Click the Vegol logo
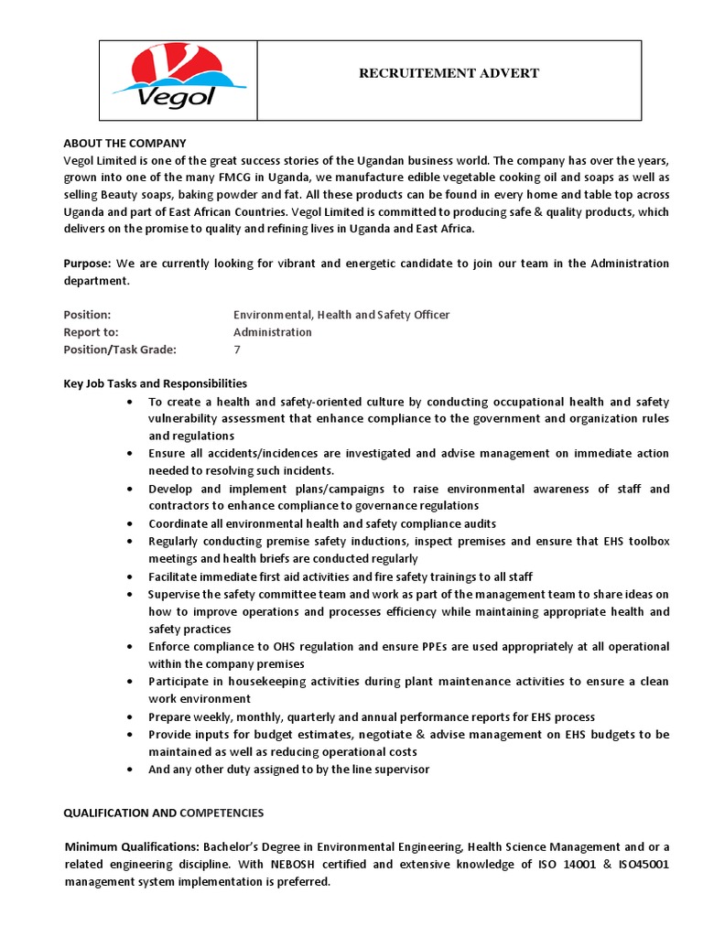tap(164, 79)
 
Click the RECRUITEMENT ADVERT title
tap(449, 73)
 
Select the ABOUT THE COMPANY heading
tap(124, 144)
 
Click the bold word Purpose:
tap(87, 264)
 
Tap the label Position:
tap(87, 315)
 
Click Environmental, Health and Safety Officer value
tap(341, 315)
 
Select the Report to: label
tap(91, 332)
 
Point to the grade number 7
tap(237, 350)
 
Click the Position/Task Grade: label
tap(120, 350)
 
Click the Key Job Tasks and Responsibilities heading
tap(155, 383)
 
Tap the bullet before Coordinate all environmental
tap(133, 524)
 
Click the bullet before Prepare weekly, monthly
tap(133, 717)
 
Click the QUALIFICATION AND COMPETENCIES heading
tap(163, 813)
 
